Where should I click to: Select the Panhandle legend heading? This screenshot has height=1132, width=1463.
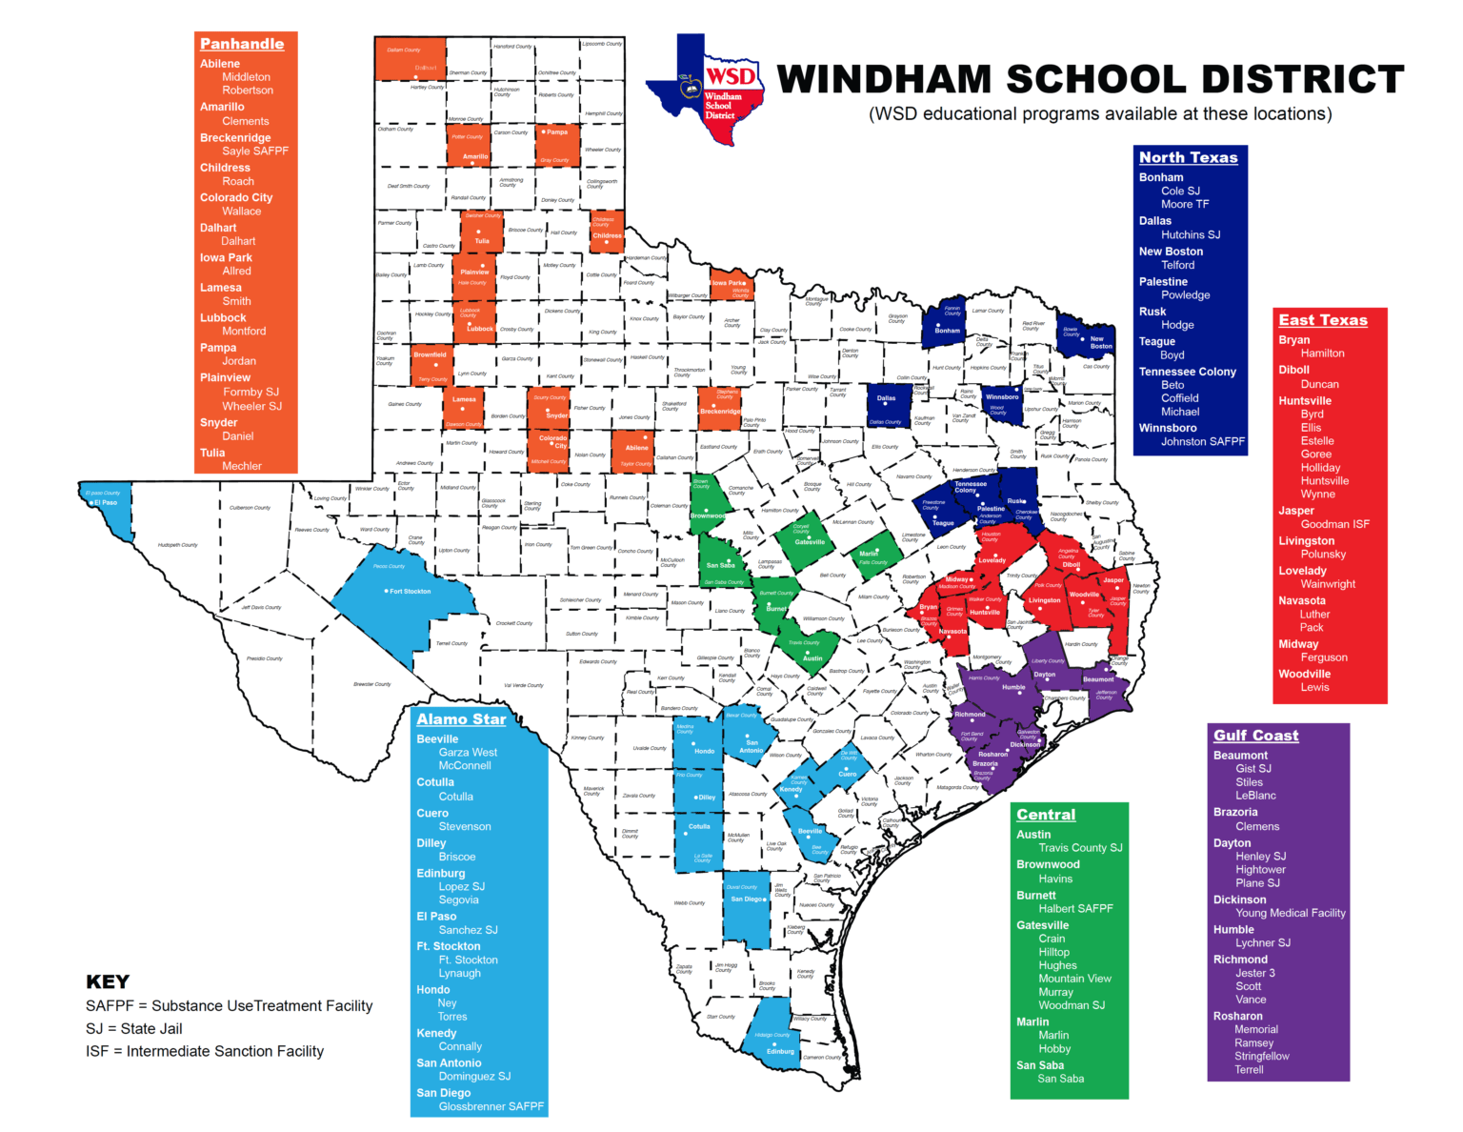coord(242,44)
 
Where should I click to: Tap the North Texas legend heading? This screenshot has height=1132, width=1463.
coord(1188,157)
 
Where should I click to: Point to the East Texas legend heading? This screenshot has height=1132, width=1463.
coord(1322,320)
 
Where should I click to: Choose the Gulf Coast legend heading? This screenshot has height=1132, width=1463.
coord(1255,736)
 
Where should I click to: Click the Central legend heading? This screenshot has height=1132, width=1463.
coord(1045,815)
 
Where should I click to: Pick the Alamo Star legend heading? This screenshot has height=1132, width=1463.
coord(461,719)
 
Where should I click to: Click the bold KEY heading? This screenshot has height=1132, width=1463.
coord(108,982)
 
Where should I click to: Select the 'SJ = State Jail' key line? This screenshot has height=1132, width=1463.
coord(133,1029)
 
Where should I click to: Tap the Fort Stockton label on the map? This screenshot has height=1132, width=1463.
coord(411,592)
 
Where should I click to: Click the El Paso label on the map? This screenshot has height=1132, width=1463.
coord(106,502)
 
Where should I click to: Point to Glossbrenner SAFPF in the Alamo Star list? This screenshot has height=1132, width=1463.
coord(491,1106)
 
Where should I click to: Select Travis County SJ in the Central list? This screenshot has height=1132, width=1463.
coord(1080,848)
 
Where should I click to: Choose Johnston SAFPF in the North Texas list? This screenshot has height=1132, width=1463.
coord(1202,442)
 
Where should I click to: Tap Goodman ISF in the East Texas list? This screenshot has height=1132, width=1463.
coord(1334,524)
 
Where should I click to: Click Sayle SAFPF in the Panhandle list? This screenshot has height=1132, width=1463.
coord(254,152)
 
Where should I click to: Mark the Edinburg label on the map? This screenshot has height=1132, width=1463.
coord(780,1052)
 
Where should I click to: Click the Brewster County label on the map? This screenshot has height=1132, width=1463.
coord(371,684)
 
